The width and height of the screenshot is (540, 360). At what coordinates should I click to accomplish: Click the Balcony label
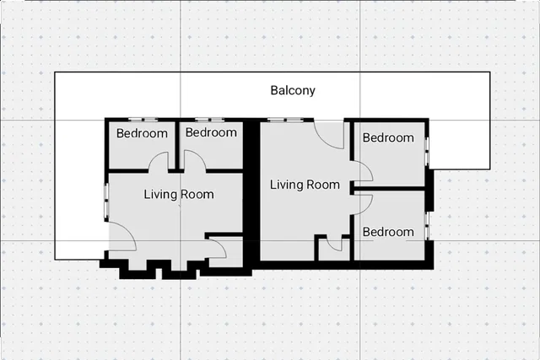pyautogui.click(x=293, y=90)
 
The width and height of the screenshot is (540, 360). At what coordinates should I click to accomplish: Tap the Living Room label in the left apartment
pyautogui.click(x=179, y=195)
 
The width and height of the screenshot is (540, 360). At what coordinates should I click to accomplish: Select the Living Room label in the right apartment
pyautogui.click(x=305, y=185)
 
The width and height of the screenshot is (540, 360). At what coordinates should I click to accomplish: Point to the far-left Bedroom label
pyautogui.click(x=142, y=133)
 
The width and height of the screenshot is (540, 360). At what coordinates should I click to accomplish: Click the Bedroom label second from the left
pyautogui.click(x=211, y=132)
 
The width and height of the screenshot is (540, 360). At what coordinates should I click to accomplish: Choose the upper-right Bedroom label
pyautogui.click(x=388, y=137)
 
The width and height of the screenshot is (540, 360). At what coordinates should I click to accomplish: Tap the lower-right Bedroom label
pyautogui.click(x=388, y=232)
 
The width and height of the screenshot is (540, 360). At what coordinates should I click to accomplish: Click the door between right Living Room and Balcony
pyautogui.click(x=330, y=135)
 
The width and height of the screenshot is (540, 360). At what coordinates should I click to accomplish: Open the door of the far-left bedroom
pyautogui.click(x=159, y=162)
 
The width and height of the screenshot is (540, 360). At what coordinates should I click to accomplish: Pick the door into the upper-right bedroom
pyautogui.click(x=362, y=172)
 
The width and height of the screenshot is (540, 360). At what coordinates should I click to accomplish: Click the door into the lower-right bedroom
pyautogui.click(x=362, y=201)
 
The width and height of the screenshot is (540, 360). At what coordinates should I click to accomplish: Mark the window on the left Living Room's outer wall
pyautogui.click(x=106, y=199)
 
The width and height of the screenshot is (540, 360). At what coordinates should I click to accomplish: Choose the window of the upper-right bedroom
pyautogui.click(x=428, y=152)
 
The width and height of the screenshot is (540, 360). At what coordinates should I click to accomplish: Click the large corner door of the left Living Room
pyautogui.click(x=123, y=236)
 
